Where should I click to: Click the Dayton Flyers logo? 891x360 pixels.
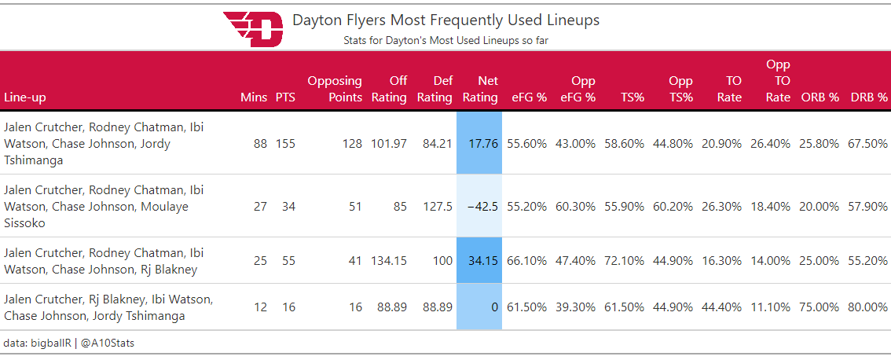pyautogui.click(x=252, y=29)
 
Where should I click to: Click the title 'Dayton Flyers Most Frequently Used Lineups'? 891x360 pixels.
pyautogui.click(x=445, y=20)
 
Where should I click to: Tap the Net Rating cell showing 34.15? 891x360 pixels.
pyautogui.click(x=482, y=260)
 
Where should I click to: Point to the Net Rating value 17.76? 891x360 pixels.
pyautogui.click(x=482, y=144)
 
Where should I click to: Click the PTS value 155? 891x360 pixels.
pyautogui.click(x=285, y=144)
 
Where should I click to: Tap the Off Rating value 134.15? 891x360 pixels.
pyautogui.click(x=389, y=260)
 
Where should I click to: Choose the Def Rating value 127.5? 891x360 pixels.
pyautogui.click(x=437, y=207)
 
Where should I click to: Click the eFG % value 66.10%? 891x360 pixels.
pyautogui.click(x=526, y=260)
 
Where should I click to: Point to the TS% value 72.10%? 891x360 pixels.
pyautogui.click(x=624, y=260)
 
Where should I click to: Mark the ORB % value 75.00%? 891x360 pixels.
pyautogui.click(x=819, y=307)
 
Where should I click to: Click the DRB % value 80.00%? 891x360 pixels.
pyautogui.click(x=868, y=307)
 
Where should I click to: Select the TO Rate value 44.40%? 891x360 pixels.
pyautogui.click(x=722, y=307)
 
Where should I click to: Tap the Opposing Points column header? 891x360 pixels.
pyautogui.click(x=335, y=89)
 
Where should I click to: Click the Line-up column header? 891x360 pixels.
pyautogui.click(x=25, y=97)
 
